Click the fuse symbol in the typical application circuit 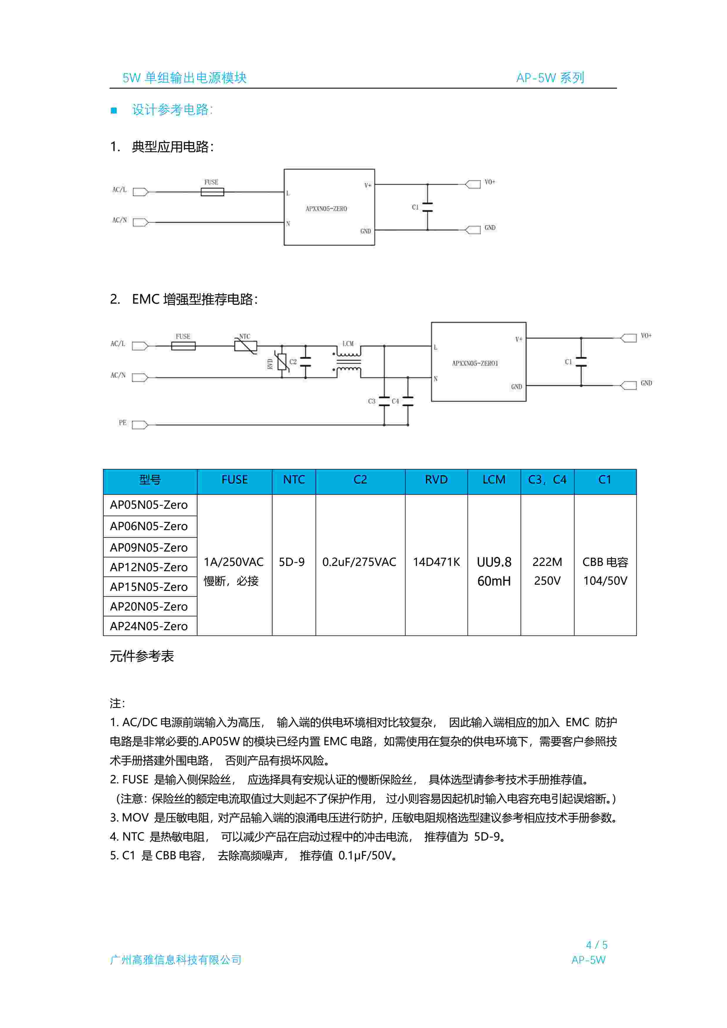212,192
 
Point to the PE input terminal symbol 140,425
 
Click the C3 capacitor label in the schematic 372,401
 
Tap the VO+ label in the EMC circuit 646,335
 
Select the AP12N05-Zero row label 149,567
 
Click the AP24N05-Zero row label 149,626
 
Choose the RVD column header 436,480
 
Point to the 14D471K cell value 436,562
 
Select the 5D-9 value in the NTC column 292,562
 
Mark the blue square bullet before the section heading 114,111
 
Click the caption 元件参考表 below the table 142,656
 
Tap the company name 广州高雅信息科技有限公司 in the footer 175,960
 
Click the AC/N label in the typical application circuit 120,220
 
